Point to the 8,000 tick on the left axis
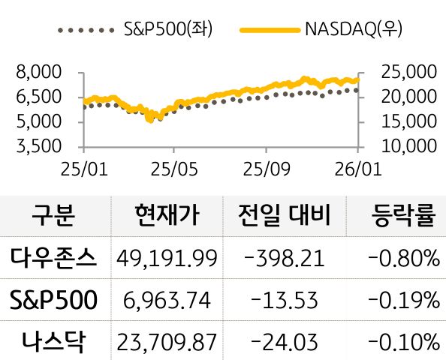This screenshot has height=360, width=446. [x=38, y=73]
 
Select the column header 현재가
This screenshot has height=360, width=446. [x=167, y=216]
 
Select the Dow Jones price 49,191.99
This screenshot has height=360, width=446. [x=167, y=259]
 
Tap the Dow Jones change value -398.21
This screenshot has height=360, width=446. [x=285, y=259]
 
